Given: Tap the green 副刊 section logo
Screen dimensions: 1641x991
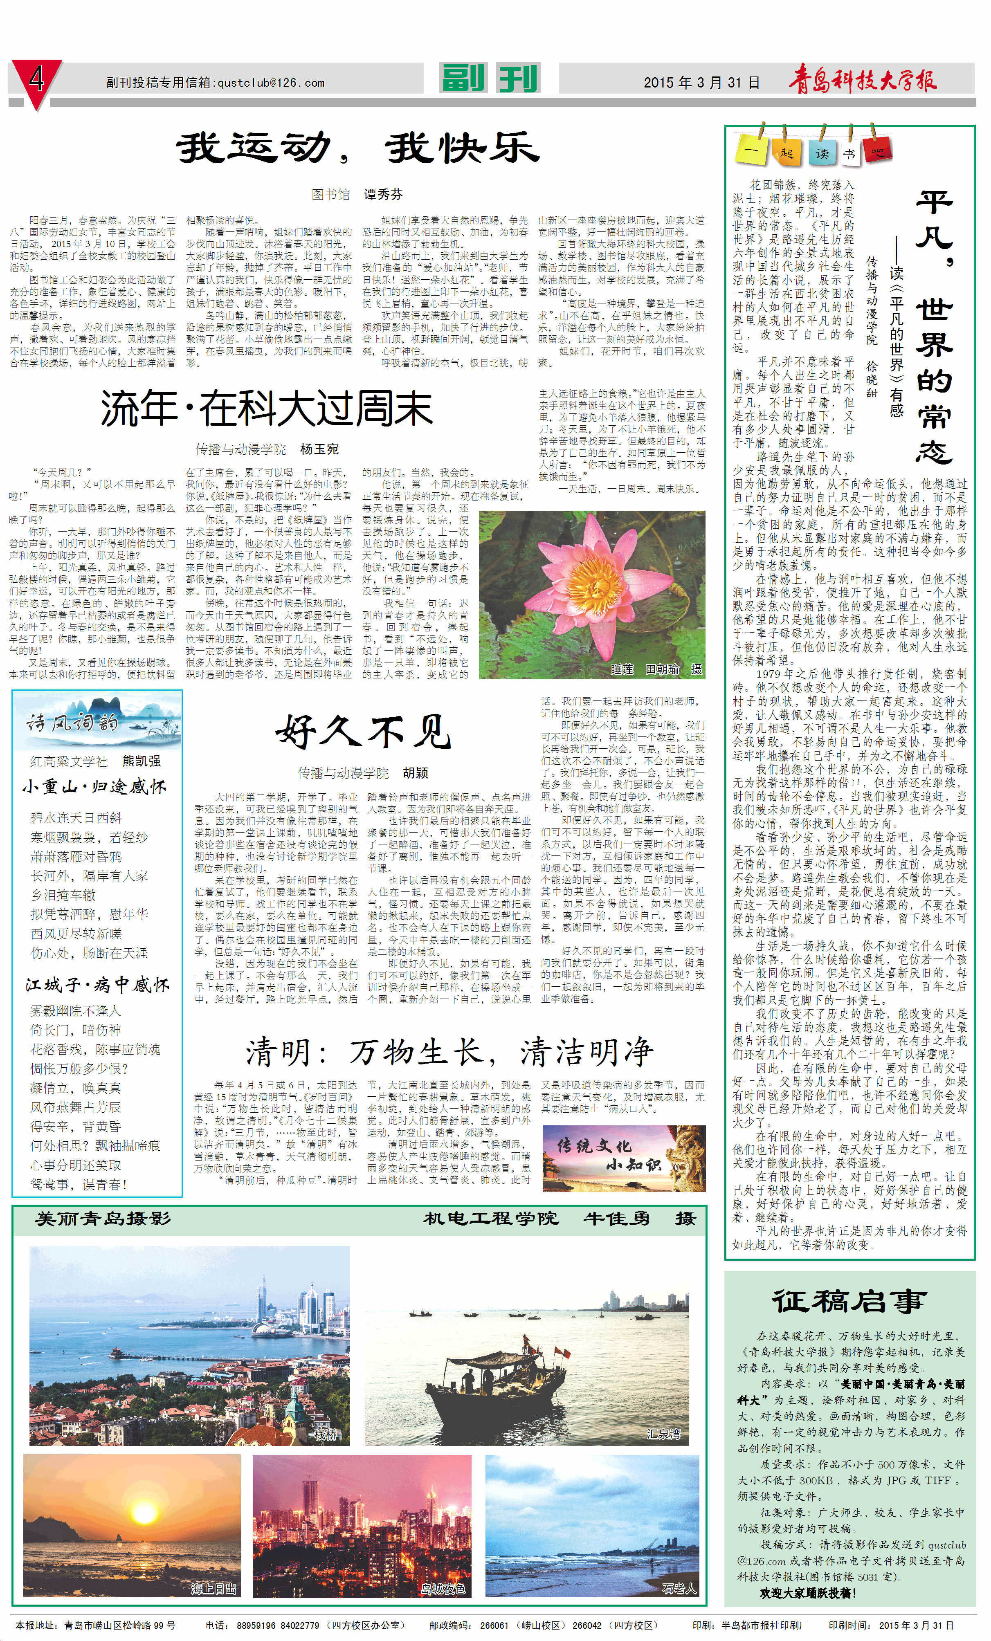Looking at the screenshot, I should click(490, 79).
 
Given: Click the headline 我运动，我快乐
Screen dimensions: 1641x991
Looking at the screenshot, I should click(357, 148).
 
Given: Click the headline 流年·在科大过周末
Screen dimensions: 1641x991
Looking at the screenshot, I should click(266, 409).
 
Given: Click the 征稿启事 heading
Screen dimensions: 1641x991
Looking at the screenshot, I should click(849, 1301).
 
